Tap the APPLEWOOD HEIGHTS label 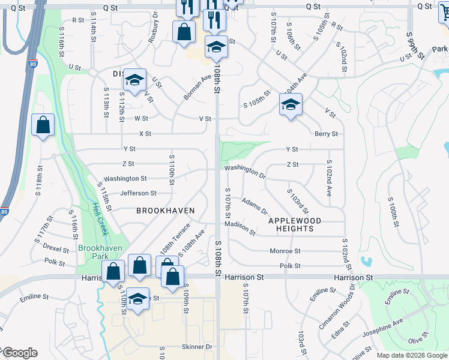tap(291, 224)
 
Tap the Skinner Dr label tap(197, 347)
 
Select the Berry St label tap(326, 134)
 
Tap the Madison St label tap(240, 224)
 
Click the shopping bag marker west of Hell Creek tap(43, 125)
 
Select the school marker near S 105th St tap(291, 106)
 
